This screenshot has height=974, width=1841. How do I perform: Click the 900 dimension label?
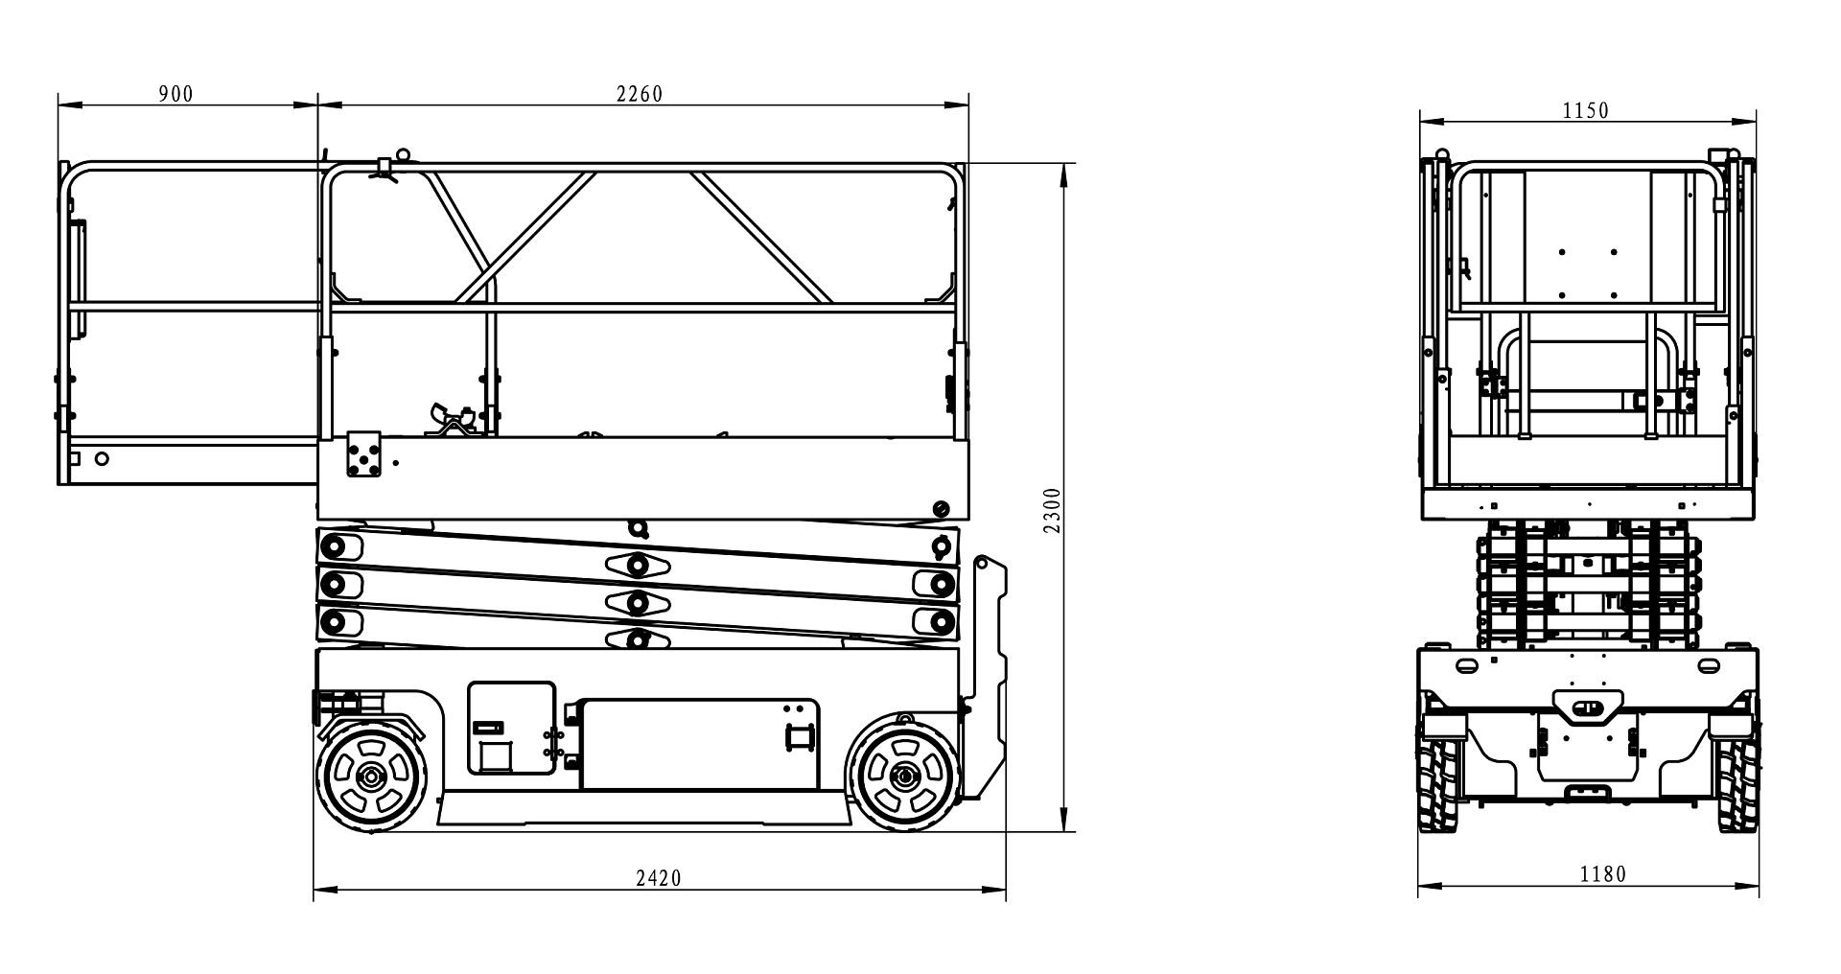coord(175,93)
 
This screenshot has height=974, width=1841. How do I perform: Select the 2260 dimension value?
coord(640,94)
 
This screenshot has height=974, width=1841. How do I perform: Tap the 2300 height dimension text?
coord(1053,510)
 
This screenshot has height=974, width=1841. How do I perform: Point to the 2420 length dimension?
coord(659,878)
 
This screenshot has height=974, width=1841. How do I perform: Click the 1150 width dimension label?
coord(1586,111)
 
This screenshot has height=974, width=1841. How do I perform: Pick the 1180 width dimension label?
coord(1603,874)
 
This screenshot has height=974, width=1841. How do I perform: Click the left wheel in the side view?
coord(371,776)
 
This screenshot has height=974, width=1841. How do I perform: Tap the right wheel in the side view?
coord(902,776)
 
